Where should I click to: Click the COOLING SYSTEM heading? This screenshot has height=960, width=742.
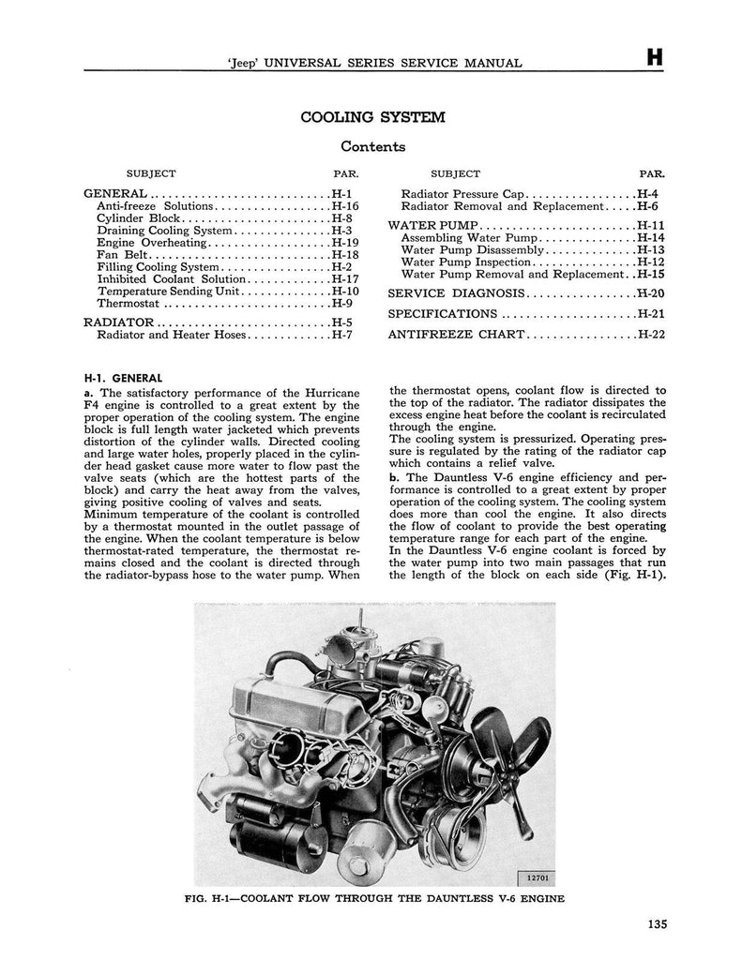[x=372, y=117]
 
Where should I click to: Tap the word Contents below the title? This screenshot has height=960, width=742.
[x=372, y=146]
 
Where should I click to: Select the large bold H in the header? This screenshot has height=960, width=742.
[x=654, y=58]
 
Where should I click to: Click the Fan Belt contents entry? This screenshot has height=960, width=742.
[x=123, y=255]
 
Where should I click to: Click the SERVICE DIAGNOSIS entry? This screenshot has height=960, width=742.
[x=456, y=292]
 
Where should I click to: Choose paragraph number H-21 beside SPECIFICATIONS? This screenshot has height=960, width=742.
[x=650, y=313]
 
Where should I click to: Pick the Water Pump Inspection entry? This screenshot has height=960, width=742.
[x=466, y=262]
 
